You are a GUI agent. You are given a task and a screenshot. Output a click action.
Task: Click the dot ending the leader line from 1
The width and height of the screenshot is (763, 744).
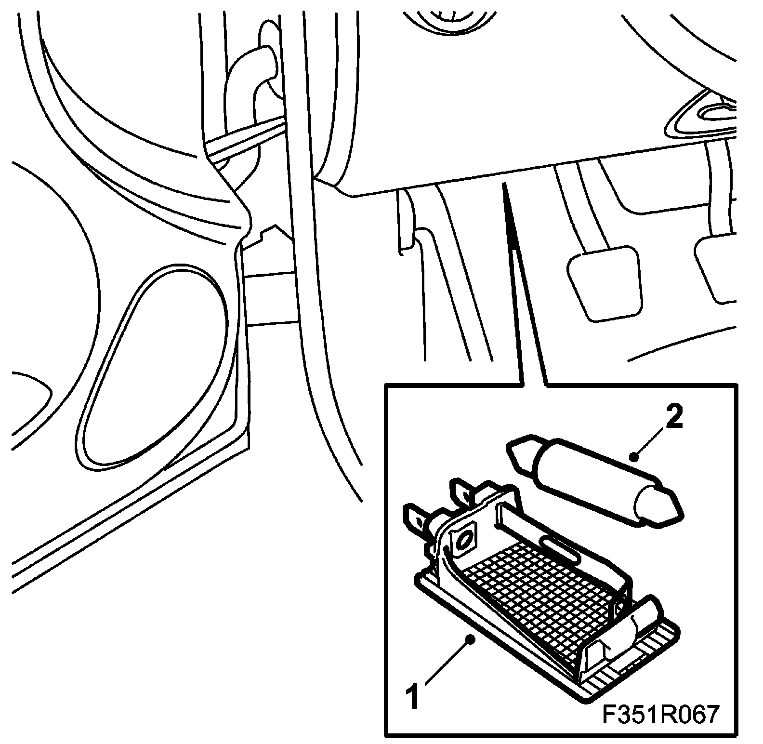471,639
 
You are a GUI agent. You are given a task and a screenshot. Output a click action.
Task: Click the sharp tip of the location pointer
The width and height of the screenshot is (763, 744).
504,185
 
